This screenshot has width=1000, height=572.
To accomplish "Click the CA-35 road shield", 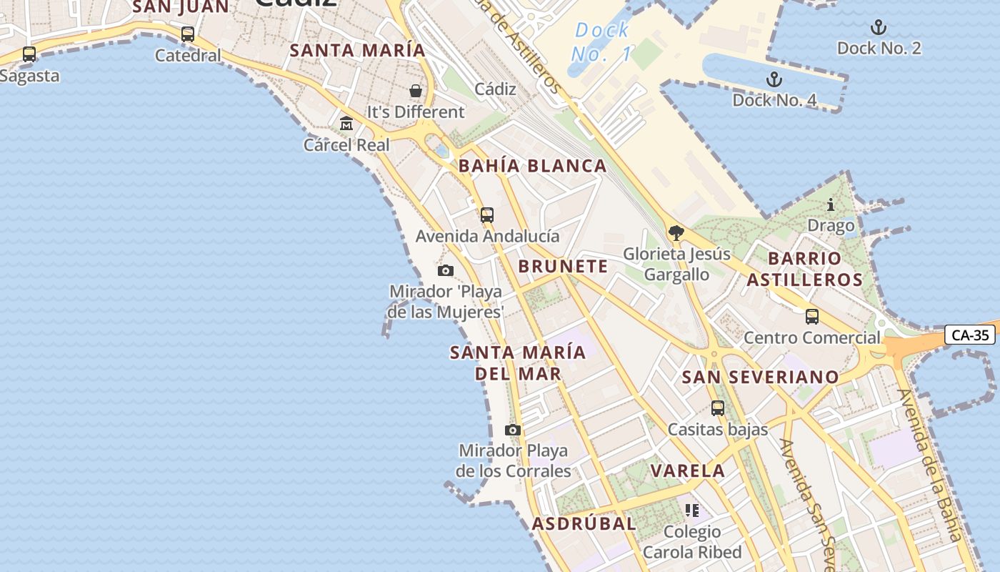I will click(969, 335).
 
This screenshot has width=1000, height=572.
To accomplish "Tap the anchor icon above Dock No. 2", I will click(879, 28).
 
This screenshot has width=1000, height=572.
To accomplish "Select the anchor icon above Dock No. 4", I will click(774, 79).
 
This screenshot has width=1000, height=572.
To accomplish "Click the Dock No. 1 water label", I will click(601, 41).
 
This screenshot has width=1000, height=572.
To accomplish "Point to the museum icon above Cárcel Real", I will click(346, 124).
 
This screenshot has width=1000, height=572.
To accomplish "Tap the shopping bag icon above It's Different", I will click(415, 91).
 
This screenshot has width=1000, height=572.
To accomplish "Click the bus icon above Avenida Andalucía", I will click(487, 214).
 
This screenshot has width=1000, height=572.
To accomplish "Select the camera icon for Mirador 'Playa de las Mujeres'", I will click(446, 270).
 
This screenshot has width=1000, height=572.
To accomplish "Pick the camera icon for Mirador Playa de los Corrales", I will click(512, 430).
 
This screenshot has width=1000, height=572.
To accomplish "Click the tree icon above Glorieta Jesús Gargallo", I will click(676, 232).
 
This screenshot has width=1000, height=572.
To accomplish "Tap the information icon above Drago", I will click(831, 205).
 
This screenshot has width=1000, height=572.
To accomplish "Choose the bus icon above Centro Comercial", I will click(811, 316).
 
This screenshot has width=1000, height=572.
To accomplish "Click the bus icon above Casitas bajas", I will click(718, 408).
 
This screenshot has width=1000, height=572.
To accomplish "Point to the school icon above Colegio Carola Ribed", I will click(691, 511).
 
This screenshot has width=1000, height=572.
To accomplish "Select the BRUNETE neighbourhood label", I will click(563, 267).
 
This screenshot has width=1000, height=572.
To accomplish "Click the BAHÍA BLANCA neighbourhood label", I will click(532, 166).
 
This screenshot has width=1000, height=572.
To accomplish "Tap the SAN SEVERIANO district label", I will click(760, 377).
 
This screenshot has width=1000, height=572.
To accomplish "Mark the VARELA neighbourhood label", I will click(688, 470).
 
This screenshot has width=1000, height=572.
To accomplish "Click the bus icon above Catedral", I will click(188, 34).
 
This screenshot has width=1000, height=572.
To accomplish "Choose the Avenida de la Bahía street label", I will click(936, 465).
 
